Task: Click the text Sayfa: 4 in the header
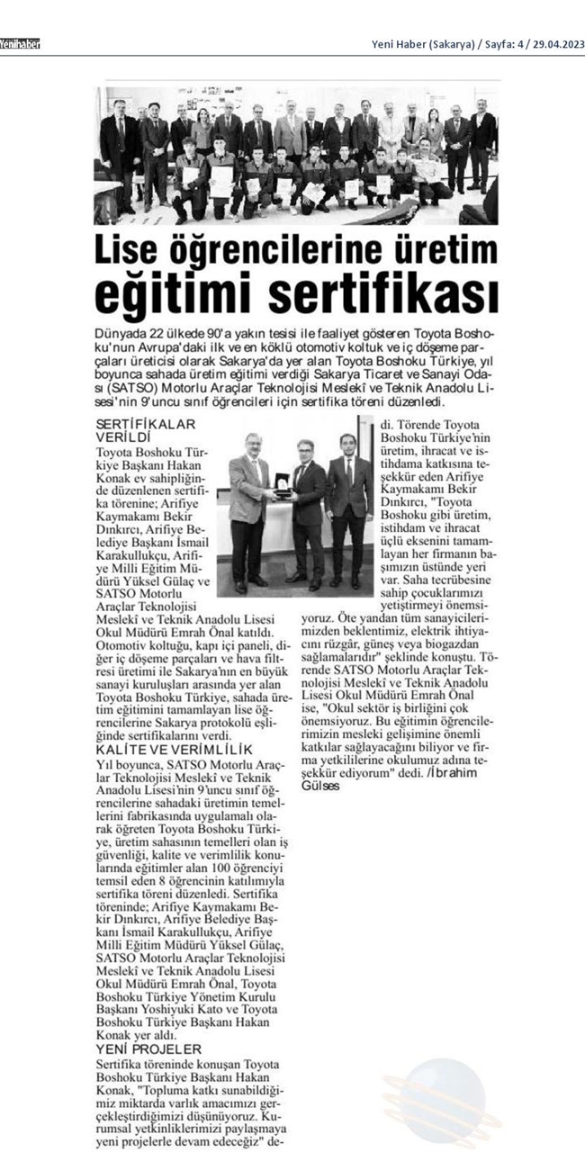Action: click(501, 44)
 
